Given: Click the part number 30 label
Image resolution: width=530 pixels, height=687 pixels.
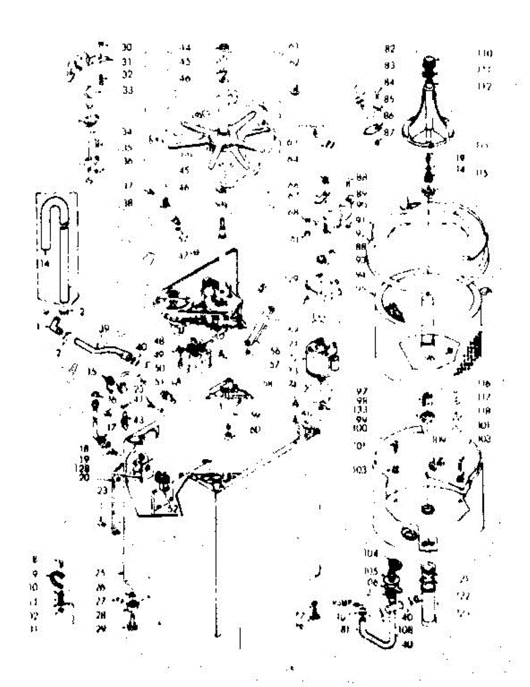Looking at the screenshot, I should (x=127, y=46).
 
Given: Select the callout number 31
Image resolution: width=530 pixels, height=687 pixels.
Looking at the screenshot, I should (x=127, y=61).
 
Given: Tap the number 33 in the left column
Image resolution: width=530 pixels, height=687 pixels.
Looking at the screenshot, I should (x=128, y=90).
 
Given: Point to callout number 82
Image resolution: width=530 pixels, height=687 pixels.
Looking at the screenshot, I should (x=390, y=49).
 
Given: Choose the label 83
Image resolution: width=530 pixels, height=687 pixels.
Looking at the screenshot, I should (x=390, y=65).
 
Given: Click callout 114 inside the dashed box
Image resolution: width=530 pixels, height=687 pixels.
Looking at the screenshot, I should (x=41, y=263).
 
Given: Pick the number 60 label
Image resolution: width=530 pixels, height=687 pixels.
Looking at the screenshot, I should (x=256, y=428).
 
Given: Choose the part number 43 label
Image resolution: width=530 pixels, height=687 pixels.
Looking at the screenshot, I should (x=139, y=420).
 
